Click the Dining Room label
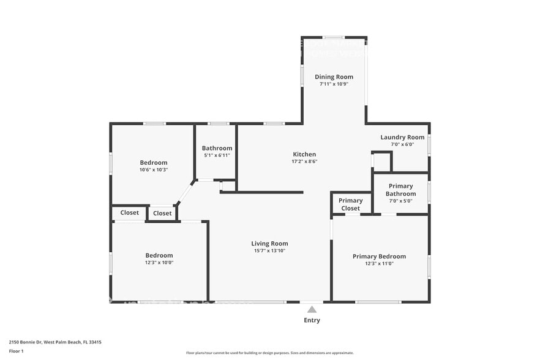(x=334, y=77)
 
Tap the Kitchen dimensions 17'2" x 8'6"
(x=304, y=162)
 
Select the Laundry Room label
(x=402, y=137)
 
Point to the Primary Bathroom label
(x=400, y=190)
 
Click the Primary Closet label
(x=350, y=204)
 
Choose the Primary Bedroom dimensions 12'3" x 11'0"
(x=379, y=264)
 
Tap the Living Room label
(x=269, y=244)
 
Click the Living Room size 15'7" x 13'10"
(x=269, y=250)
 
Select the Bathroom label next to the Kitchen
(x=217, y=148)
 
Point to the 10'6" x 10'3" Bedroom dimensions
(x=154, y=170)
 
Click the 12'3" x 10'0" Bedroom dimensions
(x=159, y=263)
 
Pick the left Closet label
(x=129, y=213)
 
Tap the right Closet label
(x=162, y=214)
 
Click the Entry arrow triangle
(x=312, y=309)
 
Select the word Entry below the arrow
(x=312, y=320)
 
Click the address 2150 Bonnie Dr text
(x=54, y=342)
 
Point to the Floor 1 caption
(x=16, y=351)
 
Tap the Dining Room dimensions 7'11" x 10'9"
(x=334, y=84)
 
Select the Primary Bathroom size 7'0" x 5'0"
(x=400, y=201)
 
